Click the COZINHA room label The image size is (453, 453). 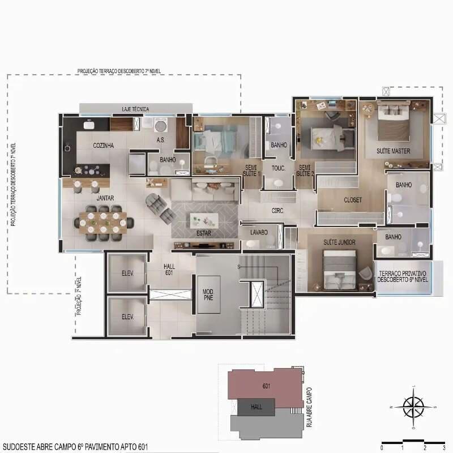pyautogui.click(x=104, y=146)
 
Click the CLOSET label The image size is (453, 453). pyautogui.click(x=353, y=200)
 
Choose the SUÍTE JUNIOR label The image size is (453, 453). pyautogui.click(x=339, y=242)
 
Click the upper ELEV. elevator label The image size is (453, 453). pyautogui.click(x=126, y=272)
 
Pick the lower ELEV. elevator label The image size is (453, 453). pyautogui.click(x=126, y=317)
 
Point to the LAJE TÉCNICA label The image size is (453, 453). pyautogui.click(x=135, y=108)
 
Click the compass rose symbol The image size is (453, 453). pyautogui.click(x=413, y=406)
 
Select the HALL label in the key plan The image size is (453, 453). pyautogui.click(x=256, y=407)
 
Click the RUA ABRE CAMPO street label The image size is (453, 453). pyautogui.click(x=309, y=407)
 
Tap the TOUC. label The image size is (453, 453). pyautogui.click(x=278, y=168)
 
